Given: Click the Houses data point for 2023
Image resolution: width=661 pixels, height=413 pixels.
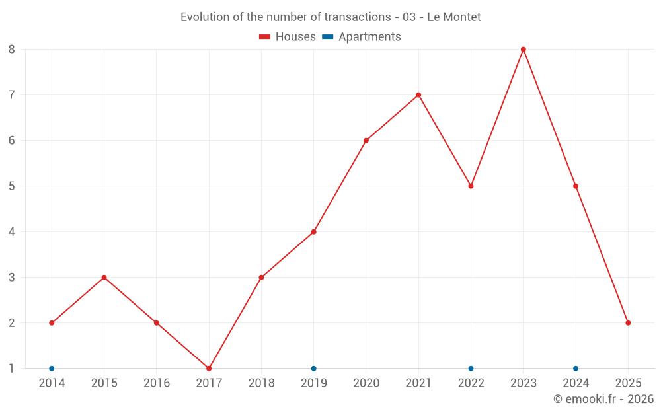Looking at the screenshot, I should (523, 50).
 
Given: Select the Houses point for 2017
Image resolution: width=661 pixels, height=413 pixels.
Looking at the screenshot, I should (209, 368).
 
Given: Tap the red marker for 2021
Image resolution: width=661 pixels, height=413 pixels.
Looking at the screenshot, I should (418, 95).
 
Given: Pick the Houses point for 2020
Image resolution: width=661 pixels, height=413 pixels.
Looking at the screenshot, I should (366, 141).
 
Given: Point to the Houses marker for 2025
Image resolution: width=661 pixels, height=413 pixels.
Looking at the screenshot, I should (628, 323).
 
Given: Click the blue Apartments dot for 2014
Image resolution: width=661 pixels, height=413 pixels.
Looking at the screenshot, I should (52, 368).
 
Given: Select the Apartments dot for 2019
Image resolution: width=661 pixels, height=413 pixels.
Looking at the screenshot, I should (314, 368).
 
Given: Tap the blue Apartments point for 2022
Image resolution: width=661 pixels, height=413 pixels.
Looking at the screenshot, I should (471, 368).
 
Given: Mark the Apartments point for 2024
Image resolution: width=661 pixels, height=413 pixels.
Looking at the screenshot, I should (576, 368).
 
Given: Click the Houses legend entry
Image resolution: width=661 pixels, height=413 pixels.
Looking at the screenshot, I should (288, 37).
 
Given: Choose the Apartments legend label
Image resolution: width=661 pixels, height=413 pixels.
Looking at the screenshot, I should (369, 37).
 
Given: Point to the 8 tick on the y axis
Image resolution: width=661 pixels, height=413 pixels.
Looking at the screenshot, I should (12, 50).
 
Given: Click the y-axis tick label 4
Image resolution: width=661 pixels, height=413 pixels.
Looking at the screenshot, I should (12, 232).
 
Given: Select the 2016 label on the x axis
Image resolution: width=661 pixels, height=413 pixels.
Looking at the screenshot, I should (157, 383).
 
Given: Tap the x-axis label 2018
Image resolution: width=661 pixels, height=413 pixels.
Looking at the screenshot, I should (261, 383).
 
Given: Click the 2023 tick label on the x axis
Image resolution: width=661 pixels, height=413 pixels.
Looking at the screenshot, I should (523, 383).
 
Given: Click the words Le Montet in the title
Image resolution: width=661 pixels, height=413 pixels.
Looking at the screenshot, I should (454, 17).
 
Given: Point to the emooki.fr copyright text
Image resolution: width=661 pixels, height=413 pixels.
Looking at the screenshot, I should (603, 399).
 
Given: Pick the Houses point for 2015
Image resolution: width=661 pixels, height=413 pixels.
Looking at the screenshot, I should (104, 278).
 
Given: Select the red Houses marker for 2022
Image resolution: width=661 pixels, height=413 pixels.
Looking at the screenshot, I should (471, 186).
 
